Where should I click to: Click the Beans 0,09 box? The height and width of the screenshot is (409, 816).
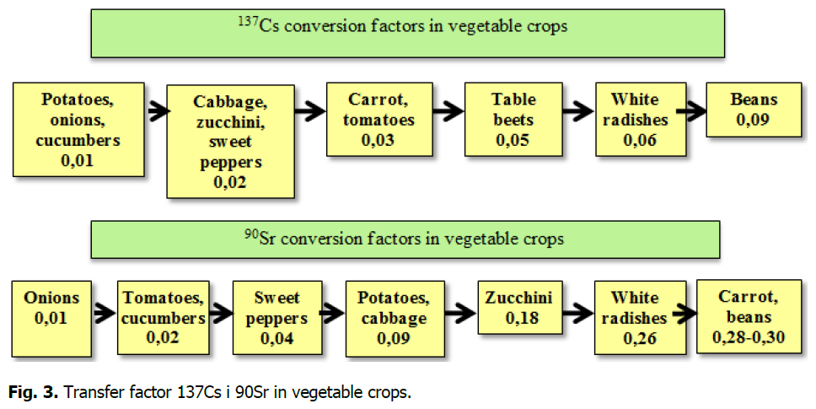[754, 110]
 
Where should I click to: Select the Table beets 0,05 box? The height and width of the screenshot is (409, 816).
[513, 119]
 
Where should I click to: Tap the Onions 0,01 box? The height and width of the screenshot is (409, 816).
[51, 319]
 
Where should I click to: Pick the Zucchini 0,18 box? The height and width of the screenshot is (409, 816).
[520, 308]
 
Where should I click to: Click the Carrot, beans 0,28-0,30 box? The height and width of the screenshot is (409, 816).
[749, 317]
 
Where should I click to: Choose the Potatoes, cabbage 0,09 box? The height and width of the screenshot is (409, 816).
[395, 319]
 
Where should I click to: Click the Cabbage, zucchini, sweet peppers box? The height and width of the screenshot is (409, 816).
[230, 142]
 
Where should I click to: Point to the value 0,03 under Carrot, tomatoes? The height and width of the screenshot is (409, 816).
[378, 140]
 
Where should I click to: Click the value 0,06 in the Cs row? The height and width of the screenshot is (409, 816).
[640, 140]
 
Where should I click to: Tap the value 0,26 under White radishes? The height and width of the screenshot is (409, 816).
[640, 338]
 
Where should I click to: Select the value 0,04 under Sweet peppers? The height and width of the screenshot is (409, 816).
[276, 338]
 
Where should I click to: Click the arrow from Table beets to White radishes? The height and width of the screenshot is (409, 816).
[577, 110]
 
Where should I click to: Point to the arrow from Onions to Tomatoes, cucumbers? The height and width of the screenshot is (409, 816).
[104, 313]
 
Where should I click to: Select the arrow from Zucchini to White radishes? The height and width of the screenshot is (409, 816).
[578, 313]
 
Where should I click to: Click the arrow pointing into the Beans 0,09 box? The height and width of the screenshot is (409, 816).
[691, 110]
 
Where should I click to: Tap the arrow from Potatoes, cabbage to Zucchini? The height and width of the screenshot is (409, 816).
[460, 313]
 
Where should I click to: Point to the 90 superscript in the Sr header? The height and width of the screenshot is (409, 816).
[251, 234]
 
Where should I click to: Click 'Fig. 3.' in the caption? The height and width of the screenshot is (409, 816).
[34, 392]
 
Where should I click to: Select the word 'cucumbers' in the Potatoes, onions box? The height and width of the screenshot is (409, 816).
[78, 140]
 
